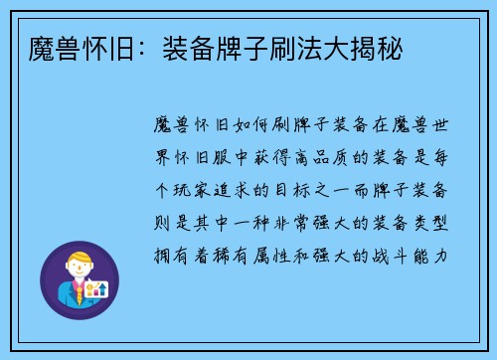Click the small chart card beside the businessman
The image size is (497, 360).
tap(97, 288)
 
